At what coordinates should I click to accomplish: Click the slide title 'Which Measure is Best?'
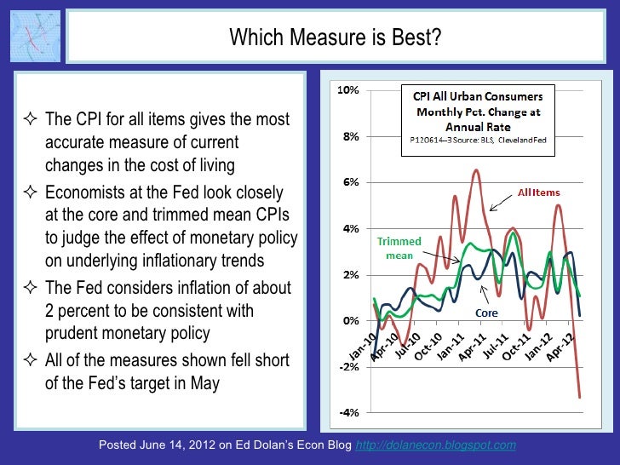(x=336, y=37)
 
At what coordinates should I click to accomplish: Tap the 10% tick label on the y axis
(x=349, y=89)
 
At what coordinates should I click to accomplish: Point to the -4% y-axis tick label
(x=349, y=413)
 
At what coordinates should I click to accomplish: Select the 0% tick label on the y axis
(x=349, y=321)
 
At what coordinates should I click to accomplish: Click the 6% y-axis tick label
(x=349, y=182)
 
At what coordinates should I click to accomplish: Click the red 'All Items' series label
(x=540, y=192)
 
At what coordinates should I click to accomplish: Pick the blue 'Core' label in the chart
(x=486, y=313)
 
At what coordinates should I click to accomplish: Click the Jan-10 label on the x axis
(x=362, y=341)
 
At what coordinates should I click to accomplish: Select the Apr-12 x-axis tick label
(x=564, y=341)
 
